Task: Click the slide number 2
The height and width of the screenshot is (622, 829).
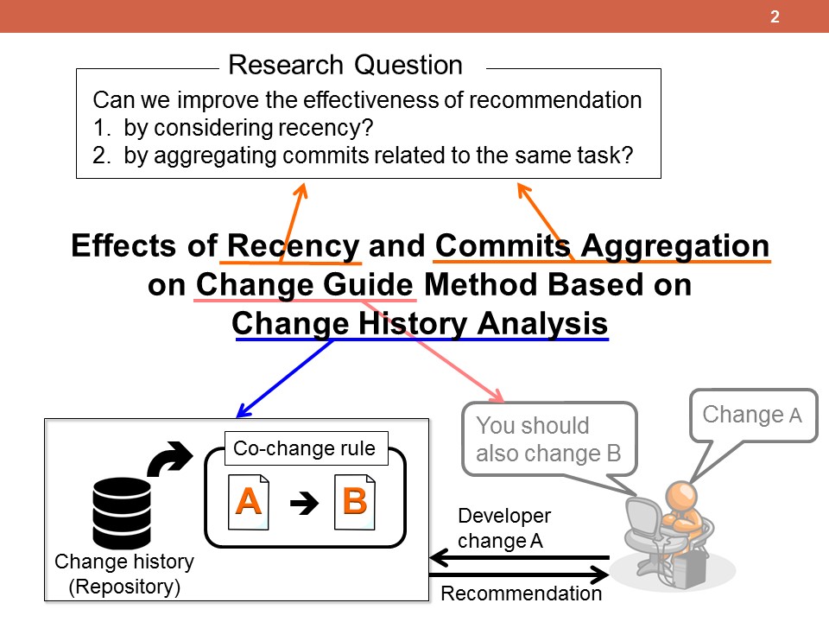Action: (775, 16)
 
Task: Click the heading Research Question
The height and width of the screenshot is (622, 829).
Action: (345, 65)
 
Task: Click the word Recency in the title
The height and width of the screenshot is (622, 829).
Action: (293, 246)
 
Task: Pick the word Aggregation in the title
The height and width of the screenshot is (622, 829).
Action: (674, 247)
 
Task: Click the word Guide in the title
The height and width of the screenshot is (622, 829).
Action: (368, 284)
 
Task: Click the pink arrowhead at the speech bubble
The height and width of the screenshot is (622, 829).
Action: (497, 395)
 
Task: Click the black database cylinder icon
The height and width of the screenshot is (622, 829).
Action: (122, 512)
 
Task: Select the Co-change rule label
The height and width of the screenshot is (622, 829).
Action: (304, 448)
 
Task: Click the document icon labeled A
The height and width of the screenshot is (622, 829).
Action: (249, 502)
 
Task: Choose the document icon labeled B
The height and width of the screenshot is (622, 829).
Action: (355, 502)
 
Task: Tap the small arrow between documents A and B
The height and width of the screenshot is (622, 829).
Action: (305, 503)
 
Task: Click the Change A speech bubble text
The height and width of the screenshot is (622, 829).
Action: (752, 415)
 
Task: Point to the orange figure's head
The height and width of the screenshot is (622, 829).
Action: (682, 497)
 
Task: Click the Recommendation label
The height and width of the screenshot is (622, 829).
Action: (522, 593)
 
